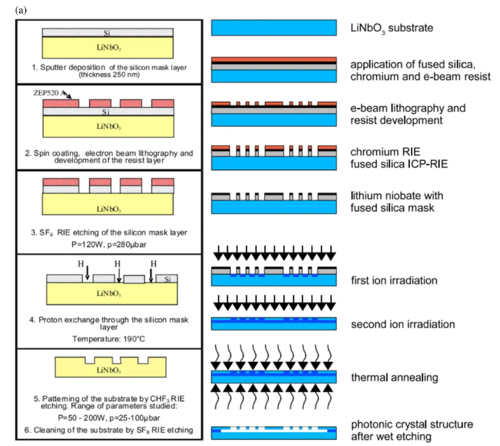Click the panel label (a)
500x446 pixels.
21,11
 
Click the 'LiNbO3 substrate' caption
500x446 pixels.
392,28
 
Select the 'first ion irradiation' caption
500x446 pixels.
394,280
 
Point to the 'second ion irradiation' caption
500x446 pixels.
403,324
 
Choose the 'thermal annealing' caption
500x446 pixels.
394,378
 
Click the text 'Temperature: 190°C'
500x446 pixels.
108,339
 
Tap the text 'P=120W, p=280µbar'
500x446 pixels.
109,245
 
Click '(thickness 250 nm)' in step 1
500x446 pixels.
109,75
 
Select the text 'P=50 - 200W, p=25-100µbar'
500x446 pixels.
109,418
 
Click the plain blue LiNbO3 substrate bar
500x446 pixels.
274,28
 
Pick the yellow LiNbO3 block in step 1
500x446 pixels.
108,48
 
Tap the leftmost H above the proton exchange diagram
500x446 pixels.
81,264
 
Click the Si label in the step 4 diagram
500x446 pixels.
168,279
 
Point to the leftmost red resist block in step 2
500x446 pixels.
61,103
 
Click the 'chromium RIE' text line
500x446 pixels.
385,152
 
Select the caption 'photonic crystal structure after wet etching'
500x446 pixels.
412,430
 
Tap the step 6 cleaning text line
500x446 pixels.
109,430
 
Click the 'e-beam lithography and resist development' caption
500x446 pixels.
408,114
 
